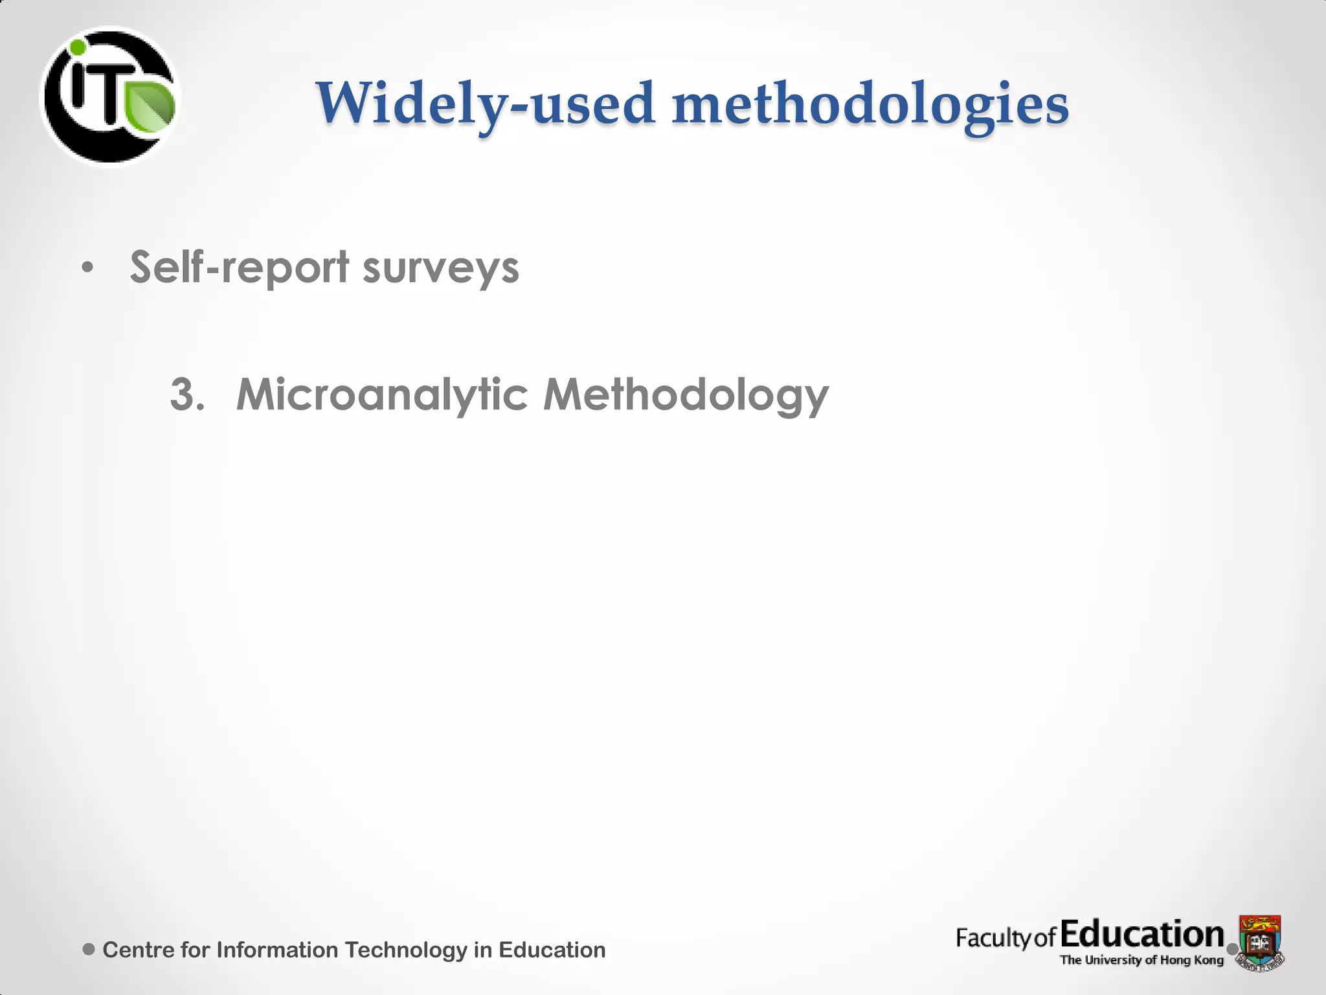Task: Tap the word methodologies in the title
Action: [x=870, y=105]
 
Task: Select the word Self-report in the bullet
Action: [x=240, y=267]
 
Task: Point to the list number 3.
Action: [x=186, y=394]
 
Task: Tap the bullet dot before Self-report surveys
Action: [x=88, y=267]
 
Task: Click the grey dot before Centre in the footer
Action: [x=89, y=949]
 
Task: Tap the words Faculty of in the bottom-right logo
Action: [x=1006, y=938]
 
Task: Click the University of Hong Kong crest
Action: [x=1260, y=941]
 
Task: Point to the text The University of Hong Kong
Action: [x=1141, y=960]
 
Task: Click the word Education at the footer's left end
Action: [x=552, y=950]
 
